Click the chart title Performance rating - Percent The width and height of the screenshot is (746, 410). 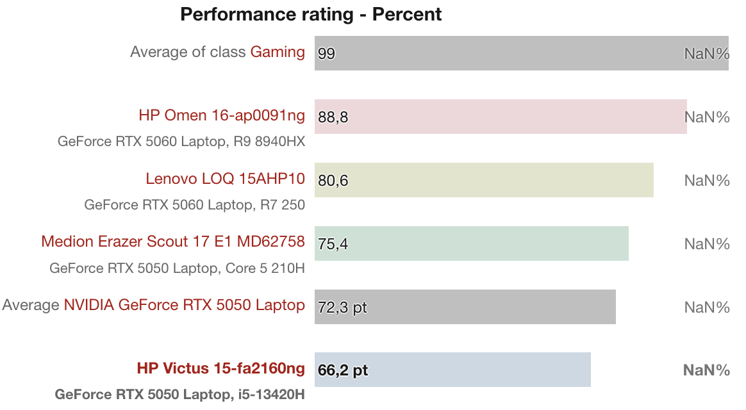pos(311,14)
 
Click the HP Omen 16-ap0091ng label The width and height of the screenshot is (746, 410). pos(222,116)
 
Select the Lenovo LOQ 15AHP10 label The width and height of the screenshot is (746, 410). pos(225,179)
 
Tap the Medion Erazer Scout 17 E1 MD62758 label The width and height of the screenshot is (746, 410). pos(173,242)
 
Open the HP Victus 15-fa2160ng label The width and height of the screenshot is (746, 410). pos(220,369)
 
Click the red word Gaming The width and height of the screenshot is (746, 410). pos(278,52)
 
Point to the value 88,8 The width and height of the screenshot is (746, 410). pos(333,117)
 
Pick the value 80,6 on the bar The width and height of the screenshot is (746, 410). pos(333,181)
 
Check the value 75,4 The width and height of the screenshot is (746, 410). pos(333,244)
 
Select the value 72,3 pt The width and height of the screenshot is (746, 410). pos(342,307)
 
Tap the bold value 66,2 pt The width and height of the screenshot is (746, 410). pos(343,370)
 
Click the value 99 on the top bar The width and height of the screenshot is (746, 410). pos(326,54)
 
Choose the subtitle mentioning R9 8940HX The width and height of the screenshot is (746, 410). pos(181,142)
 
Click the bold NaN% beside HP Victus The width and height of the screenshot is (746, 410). pos(706,370)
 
